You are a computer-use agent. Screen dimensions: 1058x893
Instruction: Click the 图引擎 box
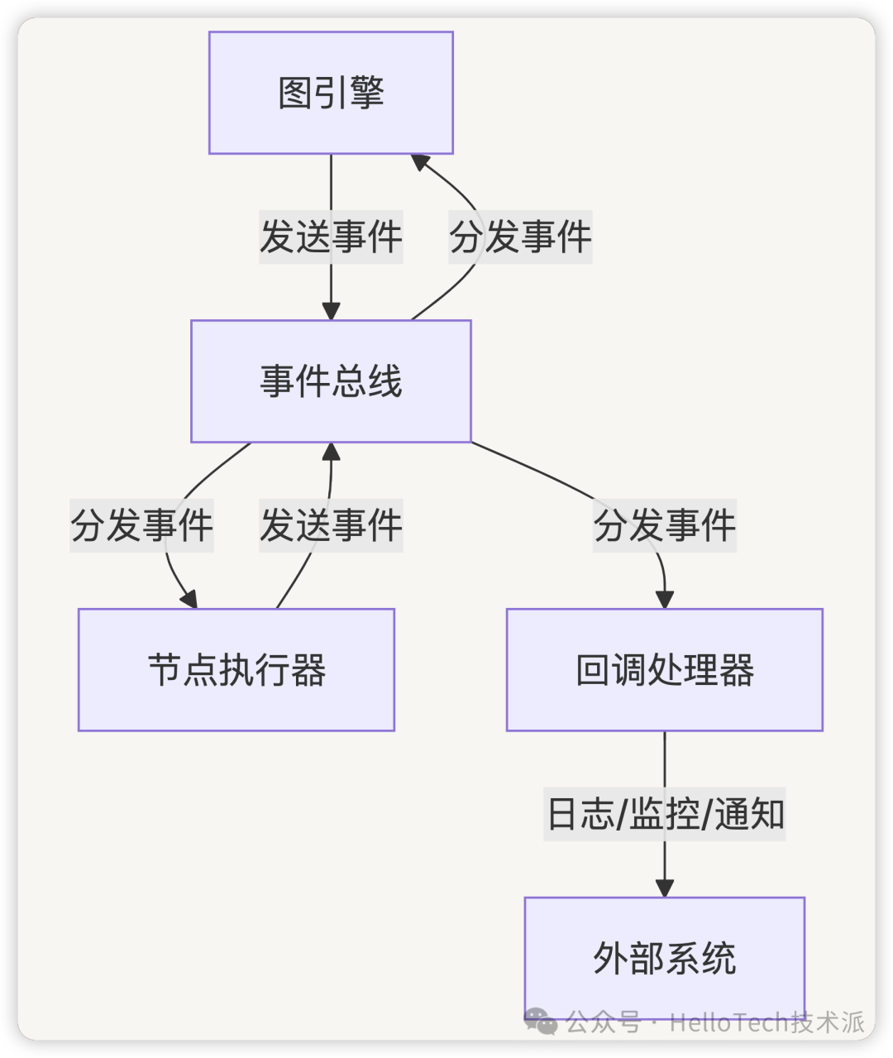pyautogui.click(x=331, y=93)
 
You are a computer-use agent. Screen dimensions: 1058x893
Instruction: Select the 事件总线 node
pyautogui.click(x=331, y=381)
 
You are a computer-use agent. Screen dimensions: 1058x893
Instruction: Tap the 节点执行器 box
pyautogui.click(x=236, y=670)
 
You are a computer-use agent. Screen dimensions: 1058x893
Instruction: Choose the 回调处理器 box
pyautogui.click(x=665, y=670)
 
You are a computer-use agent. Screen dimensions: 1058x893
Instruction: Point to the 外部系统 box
pyautogui.click(x=665, y=958)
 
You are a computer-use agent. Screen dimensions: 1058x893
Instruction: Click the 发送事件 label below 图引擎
pyautogui.click(x=331, y=237)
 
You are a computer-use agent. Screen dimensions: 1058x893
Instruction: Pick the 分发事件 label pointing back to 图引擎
pyautogui.click(x=520, y=237)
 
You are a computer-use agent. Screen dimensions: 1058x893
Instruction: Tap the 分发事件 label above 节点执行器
pyautogui.click(x=142, y=525)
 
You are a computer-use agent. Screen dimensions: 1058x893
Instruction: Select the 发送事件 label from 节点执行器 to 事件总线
pyautogui.click(x=331, y=525)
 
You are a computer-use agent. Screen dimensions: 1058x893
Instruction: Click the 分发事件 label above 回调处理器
pyautogui.click(x=665, y=525)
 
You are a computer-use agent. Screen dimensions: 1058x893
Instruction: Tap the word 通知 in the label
pyautogui.click(x=749, y=814)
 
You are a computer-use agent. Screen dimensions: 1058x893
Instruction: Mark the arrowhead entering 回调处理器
pyautogui.click(x=665, y=600)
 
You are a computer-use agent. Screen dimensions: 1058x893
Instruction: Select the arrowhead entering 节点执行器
pyautogui.click(x=189, y=599)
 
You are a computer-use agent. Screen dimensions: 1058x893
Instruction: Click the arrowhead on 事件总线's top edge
pyautogui.click(x=331, y=311)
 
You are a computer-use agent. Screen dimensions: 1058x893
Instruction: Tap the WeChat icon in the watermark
pyautogui.click(x=542, y=1022)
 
